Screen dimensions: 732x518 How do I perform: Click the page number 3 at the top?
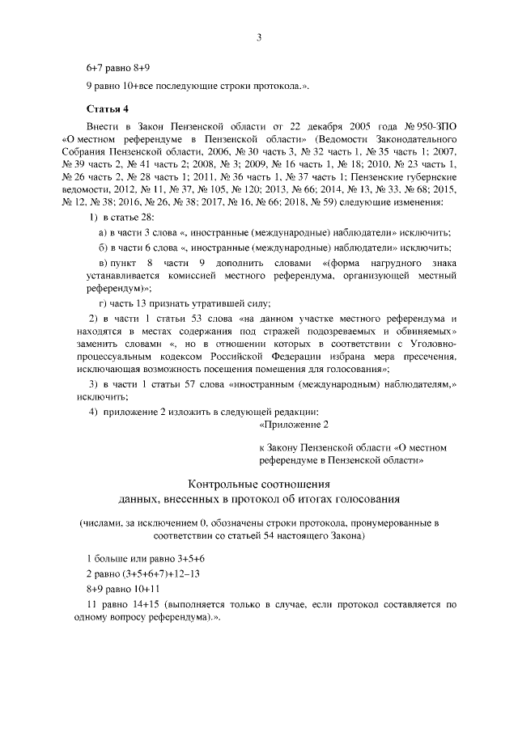coord(259,36)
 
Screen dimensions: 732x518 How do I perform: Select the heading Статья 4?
coord(107,108)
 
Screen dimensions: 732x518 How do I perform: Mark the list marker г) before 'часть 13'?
coord(103,303)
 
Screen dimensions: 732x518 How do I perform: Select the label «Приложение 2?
coord(295,424)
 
